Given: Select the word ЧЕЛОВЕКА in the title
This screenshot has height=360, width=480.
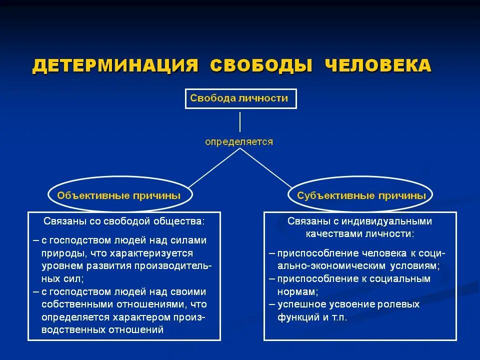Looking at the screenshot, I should [x=378, y=66].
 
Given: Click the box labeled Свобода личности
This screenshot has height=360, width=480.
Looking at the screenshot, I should [x=240, y=98].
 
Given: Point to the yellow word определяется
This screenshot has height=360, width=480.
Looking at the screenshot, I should [x=239, y=142].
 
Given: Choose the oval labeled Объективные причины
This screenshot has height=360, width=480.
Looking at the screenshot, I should [x=119, y=195].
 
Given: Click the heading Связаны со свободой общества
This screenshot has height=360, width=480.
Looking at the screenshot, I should [x=124, y=220].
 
